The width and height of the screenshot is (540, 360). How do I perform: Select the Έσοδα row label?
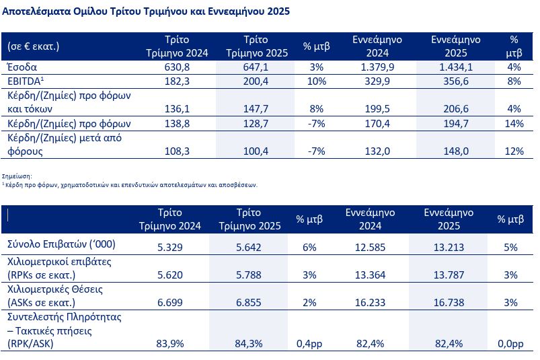click(23, 67)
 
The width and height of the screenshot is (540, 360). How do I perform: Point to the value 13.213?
click(449, 247)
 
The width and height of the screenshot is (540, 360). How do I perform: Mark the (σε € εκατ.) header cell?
click(34, 46)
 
